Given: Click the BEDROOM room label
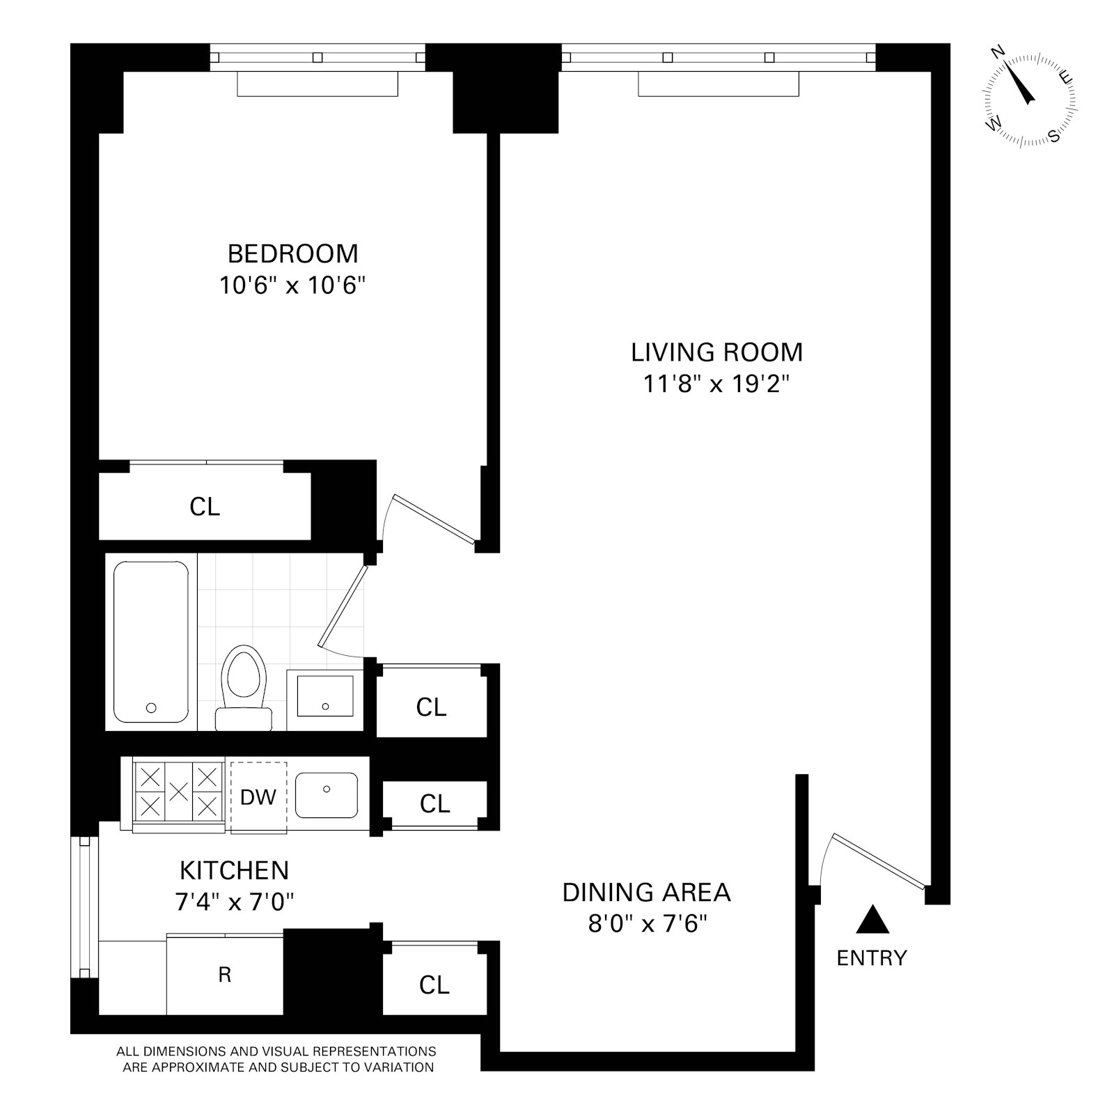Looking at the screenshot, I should [x=292, y=253].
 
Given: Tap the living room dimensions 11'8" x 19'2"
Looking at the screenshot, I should [x=716, y=384].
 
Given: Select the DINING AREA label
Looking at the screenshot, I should [x=646, y=892].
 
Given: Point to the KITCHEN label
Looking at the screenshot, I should [x=234, y=870].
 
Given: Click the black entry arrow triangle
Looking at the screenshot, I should [x=872, y=920].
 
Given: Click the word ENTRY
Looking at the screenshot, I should [x=872, y=959].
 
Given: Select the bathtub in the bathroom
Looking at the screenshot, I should [x=150, y=642].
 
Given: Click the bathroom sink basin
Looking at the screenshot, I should [x=325, y=696].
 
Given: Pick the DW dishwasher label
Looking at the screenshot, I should [x=258, y=797].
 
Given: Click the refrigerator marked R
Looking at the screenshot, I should [x=224, y=975].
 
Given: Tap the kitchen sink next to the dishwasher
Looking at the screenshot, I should [x=327, y=795].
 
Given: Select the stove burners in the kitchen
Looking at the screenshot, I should [x=179, y=791].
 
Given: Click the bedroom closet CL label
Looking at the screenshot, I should [x=205, y=507].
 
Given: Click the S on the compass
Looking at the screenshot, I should [x=1055, y=136].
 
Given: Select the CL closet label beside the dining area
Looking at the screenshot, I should [x=434, y=985].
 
